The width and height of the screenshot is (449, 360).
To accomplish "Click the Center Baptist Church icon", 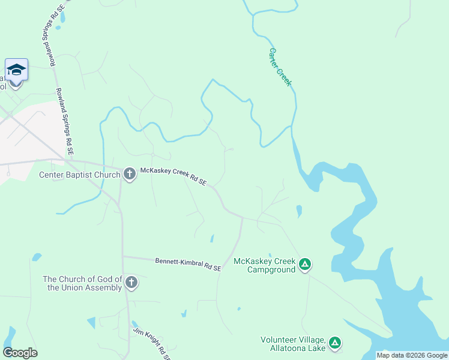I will (129, 175).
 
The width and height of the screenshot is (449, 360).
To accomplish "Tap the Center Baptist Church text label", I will (80, 175).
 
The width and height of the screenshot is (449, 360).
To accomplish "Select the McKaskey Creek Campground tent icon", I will (305, 264).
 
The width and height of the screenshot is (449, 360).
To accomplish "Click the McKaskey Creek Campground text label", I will (265, 265).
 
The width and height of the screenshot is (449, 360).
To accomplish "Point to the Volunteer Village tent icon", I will (334, 343).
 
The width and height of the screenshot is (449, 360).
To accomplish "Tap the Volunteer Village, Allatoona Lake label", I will (293, 344).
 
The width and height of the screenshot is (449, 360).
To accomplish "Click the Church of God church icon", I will (131, 283).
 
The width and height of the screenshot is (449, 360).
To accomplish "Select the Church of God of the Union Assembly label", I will (82, 283).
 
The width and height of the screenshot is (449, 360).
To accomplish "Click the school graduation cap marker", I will (17, 70).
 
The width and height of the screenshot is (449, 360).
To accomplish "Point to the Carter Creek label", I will (280, 67).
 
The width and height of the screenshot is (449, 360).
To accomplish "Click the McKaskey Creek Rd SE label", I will (173, 176).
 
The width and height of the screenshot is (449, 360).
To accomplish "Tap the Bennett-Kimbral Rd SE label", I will (188, 265).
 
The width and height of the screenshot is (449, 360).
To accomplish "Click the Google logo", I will (20, 353).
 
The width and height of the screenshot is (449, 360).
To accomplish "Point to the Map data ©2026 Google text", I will (412, 355).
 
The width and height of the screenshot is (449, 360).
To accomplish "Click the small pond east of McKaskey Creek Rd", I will (299, 211).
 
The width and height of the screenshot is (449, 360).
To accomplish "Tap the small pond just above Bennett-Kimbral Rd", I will (212, 239).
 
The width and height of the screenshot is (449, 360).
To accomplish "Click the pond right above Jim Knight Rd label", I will (135, 325).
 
